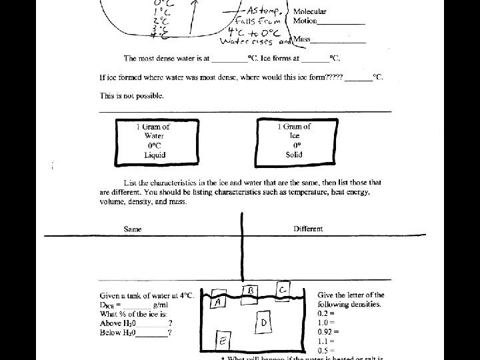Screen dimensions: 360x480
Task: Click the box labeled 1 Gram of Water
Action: [153, 141]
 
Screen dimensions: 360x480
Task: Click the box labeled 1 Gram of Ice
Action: [294, 141]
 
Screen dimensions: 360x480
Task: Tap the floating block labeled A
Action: [219, 301]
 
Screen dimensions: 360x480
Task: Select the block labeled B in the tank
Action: [251, 291]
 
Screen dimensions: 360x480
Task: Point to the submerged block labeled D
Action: [264, 323]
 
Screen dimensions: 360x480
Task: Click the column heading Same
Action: [133, 229]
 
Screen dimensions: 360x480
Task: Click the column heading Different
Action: [308, 229]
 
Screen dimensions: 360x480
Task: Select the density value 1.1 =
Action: [325, 341]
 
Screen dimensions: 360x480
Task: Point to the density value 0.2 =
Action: [325, 313]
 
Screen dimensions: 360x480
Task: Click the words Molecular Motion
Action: [310, 17]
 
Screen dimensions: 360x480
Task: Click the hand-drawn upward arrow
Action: [193, 17]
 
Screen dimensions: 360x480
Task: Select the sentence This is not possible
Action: [131, 96]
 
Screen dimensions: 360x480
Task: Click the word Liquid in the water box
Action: [154, 155]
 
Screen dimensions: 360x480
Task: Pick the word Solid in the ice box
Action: [294, 155]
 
